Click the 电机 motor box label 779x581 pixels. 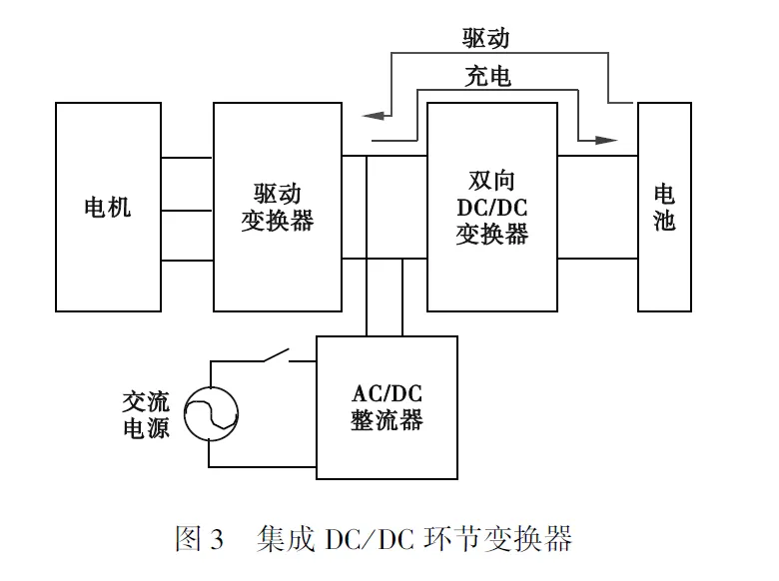tap(107, 209)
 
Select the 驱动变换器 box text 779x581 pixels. tap(277, 207)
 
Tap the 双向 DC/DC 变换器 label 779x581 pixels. tap(491, 209)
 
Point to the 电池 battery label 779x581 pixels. tap(664, 208)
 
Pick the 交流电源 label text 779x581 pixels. tap(146, 415)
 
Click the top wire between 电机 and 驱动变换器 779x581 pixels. tap(187, 159)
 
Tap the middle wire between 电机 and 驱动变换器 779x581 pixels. tap(187, 210)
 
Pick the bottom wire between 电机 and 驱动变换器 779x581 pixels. tap(187, 261)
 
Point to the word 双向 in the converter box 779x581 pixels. tap(491, 184)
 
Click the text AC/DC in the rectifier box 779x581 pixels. tap(387, 391)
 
